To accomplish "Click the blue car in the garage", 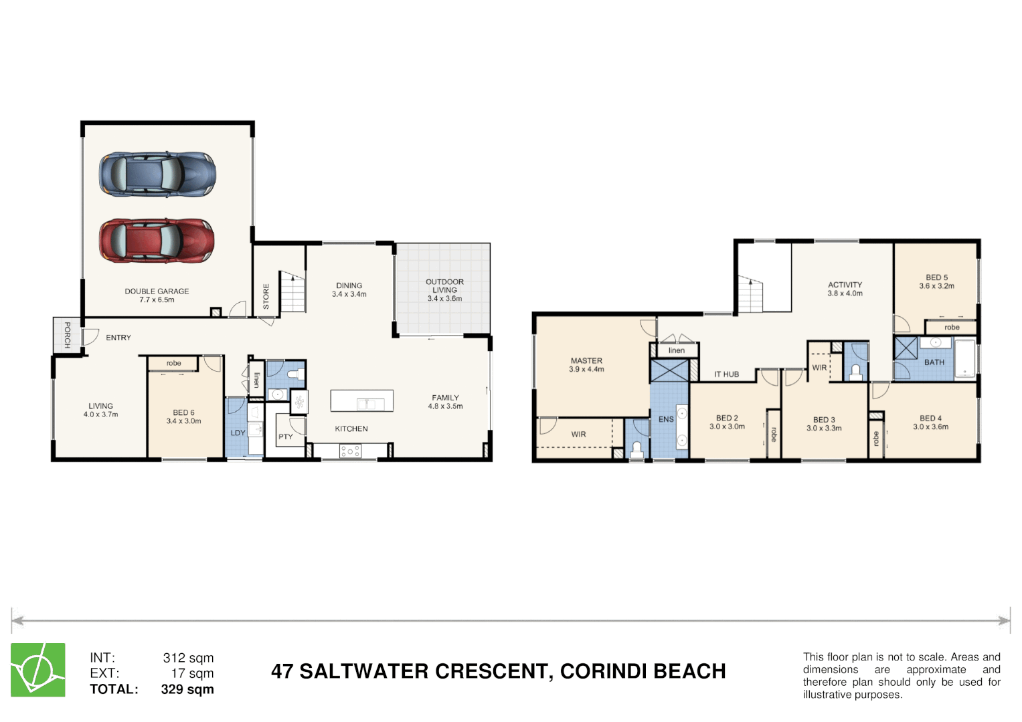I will tap(157, 174).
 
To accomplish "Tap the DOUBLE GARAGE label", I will tap(157, 291).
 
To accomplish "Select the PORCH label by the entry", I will tap(67, 335).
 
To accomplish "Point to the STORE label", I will tap(266, 296).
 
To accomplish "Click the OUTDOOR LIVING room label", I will tap(444, 286).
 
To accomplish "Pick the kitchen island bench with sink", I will tap(361, 401).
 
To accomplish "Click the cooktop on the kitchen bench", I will tap(349, 451).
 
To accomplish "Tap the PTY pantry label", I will tap(286, 437).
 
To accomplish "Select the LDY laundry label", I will tap(238, 433).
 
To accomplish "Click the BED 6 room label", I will tap(183, 413).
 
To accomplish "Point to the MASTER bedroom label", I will tap(586, 361).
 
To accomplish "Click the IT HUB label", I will tap(726, 374).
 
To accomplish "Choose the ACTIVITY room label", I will tap(845, 285).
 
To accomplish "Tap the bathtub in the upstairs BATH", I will tap(964, 359).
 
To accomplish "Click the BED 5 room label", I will tap(936, 277).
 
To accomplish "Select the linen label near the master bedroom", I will tap(676, 350).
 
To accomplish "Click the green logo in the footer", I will tap(38, 670).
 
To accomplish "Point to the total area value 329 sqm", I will tap(187, 689).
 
